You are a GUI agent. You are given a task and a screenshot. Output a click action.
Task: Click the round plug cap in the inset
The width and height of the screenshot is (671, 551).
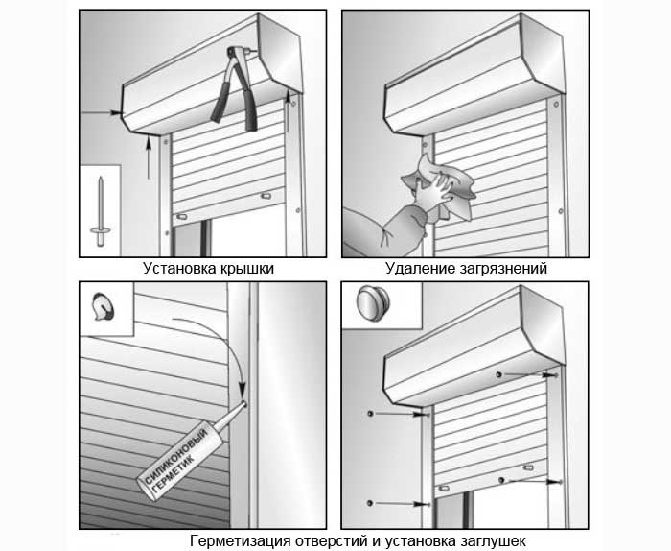[x=373, y=303]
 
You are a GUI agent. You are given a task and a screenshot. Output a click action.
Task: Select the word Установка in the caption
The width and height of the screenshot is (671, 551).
[x=180, y=269]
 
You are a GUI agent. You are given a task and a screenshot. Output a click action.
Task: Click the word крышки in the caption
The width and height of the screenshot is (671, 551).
[x=247, y=270]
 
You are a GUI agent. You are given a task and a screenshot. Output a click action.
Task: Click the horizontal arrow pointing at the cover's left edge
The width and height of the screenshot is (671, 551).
[x=101, y=112]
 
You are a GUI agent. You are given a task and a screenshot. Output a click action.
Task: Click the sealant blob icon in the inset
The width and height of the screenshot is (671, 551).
[x=104, y=306]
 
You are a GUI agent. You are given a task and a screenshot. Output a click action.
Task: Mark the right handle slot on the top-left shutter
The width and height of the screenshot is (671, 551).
[x=266, y=196]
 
